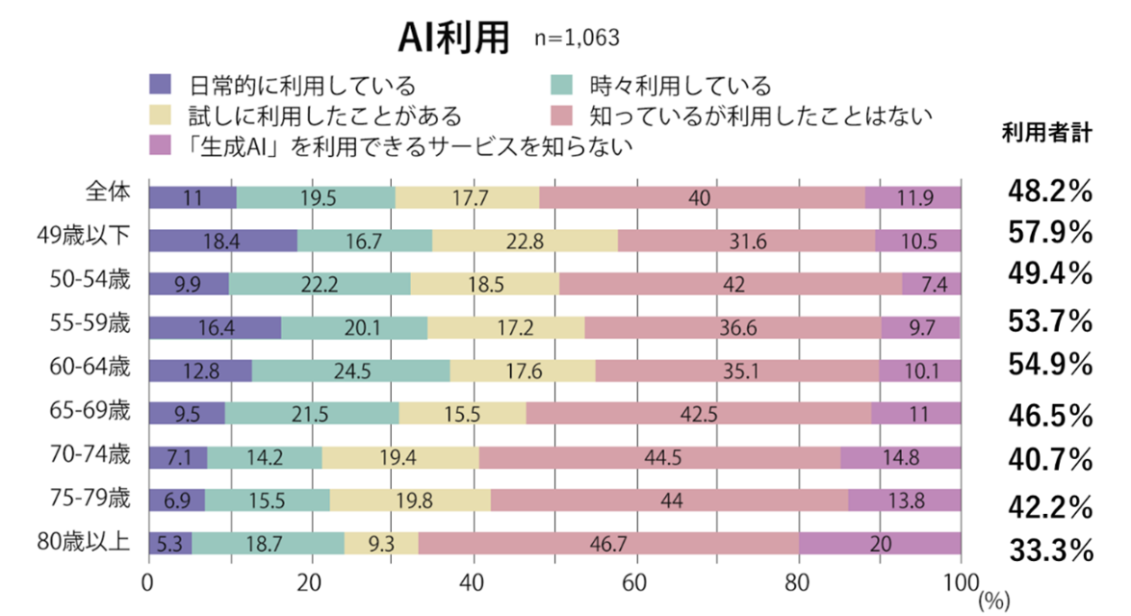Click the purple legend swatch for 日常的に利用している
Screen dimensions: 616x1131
point(161,87)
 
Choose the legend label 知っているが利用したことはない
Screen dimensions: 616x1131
point(760,116)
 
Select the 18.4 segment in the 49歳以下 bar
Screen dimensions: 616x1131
point(222,241)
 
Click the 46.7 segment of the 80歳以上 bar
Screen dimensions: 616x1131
point(608,544)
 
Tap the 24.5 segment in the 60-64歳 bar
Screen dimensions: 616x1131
point(350,371)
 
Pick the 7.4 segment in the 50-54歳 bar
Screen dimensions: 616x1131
point(931,284)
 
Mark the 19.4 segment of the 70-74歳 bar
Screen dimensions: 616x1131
point(400,457)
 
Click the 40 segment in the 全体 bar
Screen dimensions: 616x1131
point(702,197)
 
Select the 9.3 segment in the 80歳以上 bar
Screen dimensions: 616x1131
point(381,544)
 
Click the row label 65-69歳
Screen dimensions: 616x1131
point(90,411)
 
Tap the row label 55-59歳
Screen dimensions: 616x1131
point(90,324)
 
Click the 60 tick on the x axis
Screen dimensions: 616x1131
point(635,583)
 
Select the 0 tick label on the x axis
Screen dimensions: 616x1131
point(148,583)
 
